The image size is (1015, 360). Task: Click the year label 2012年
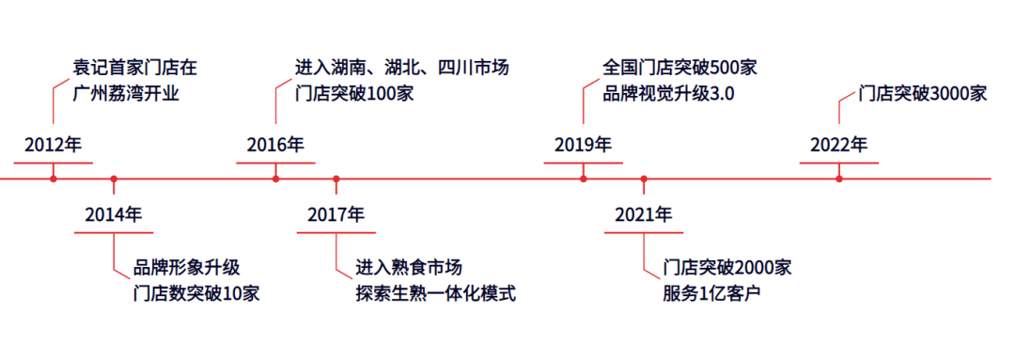(x=54, y=145)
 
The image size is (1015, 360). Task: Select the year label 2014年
(x=114, y=214)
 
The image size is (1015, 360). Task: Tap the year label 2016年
(x=275, y=145)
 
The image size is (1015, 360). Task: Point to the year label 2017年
(x=336, y=214)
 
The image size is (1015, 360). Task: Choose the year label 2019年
(x=583, y=145)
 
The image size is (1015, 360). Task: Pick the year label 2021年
(x=644, y=214)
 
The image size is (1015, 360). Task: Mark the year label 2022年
(x=839, y=145)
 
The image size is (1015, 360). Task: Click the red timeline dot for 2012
(x=54, y=179)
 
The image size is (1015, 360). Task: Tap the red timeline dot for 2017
(x=336, y=179)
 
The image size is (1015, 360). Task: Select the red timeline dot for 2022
(x=839, y=179)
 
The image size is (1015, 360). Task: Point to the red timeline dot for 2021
(x=644, y=179)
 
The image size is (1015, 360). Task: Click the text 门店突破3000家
(x=923, y=94)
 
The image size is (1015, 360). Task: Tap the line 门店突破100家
(x=353, y=94)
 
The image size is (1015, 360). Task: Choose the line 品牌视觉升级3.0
(x=668, y=94)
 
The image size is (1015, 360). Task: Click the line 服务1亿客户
(x=710, y=293)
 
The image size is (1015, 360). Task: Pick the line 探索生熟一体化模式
(x=436, y=293)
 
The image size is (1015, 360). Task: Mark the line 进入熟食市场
(x=409, y=267)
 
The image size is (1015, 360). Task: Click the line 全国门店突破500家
(x=679, y=68)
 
